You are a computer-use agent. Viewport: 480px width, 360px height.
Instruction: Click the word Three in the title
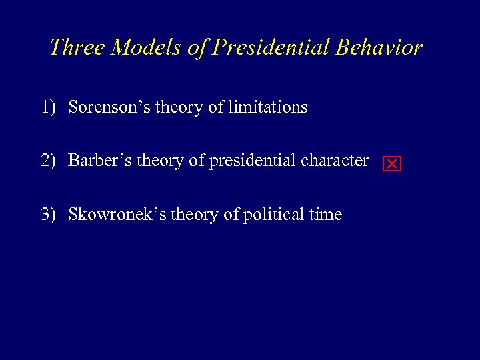pos(77,47)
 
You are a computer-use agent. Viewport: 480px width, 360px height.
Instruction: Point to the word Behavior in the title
pos(379,47)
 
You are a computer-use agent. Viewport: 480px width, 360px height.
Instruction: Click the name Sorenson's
pos(109,107)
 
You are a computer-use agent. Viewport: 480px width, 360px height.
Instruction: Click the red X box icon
pos(392,164)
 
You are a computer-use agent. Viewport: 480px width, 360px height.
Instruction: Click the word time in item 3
pos(327,215)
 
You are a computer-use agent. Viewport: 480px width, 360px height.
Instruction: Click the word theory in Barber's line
pos(155,161)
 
